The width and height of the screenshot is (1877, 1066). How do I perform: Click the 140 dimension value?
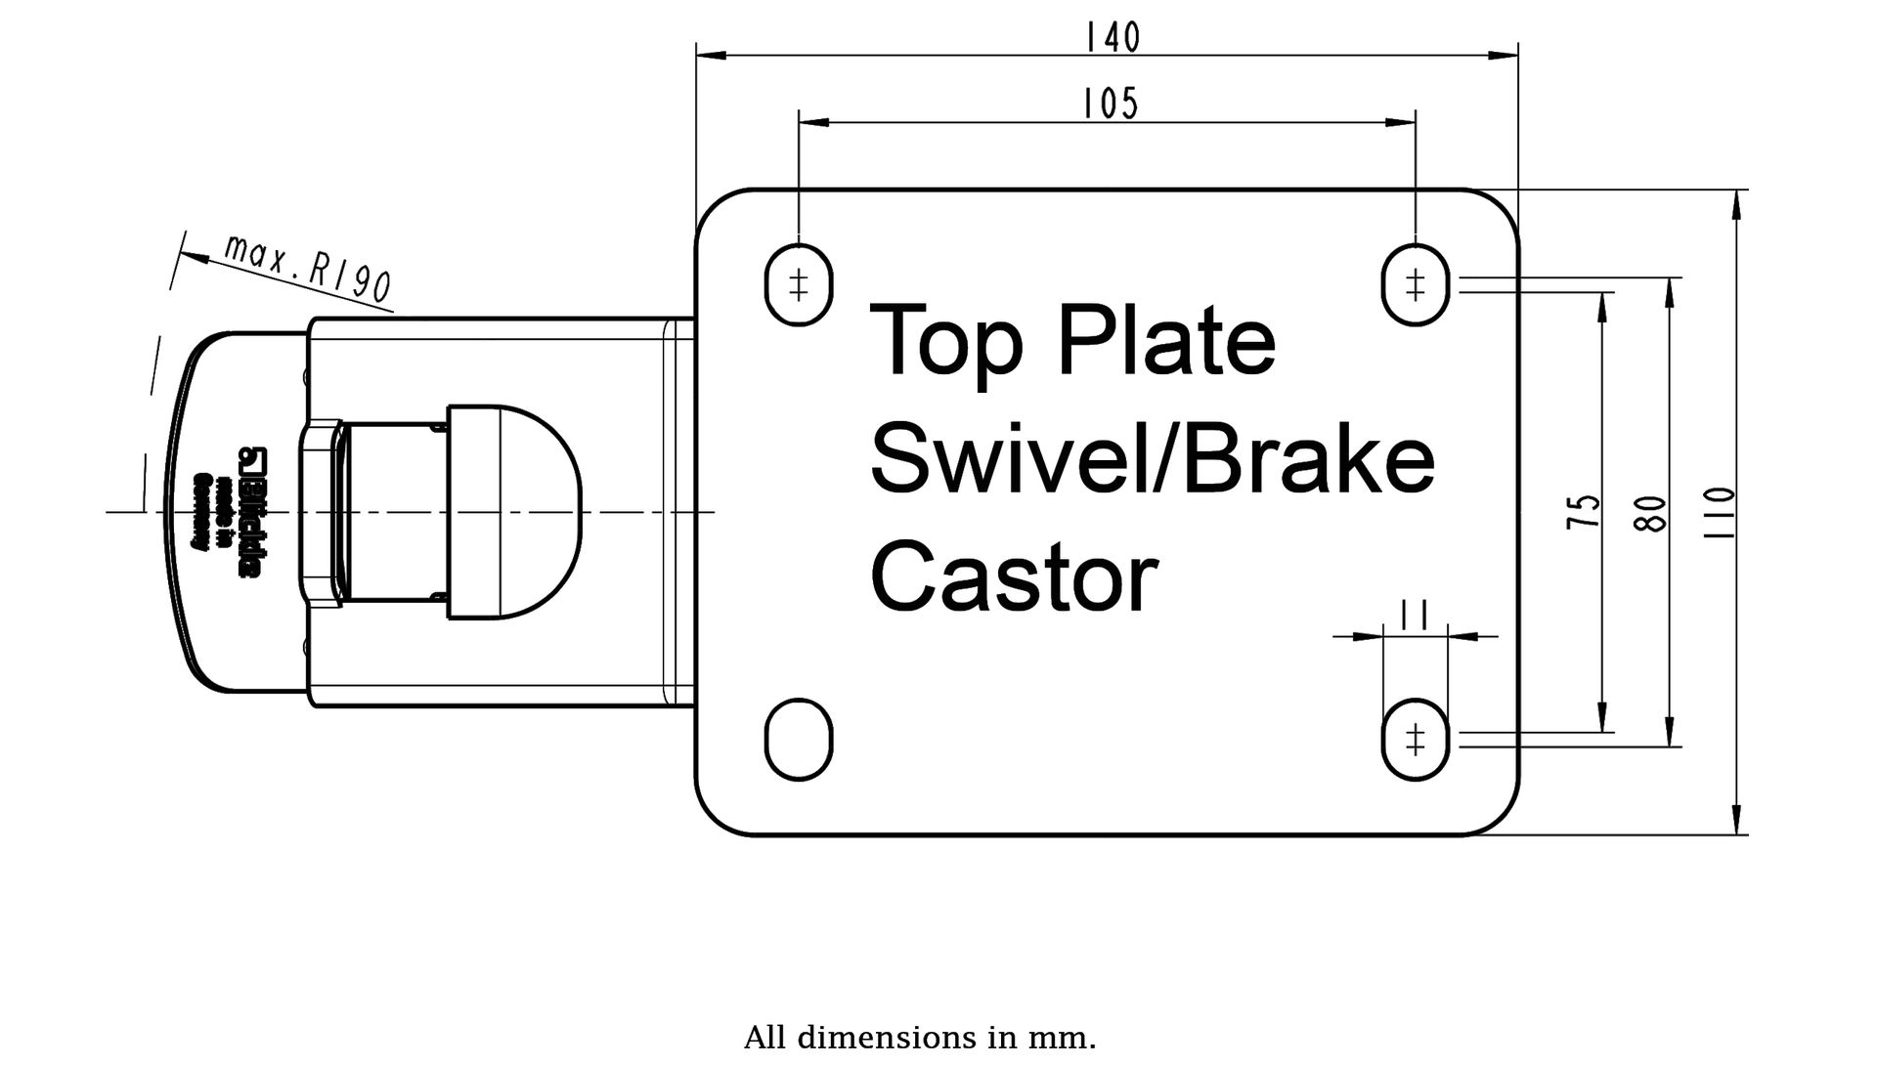(1113, 38)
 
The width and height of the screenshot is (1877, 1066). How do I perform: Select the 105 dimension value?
(1111, 104)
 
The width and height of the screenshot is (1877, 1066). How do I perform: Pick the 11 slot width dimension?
(1415, 616)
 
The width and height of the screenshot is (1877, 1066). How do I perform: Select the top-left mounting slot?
(798, 284)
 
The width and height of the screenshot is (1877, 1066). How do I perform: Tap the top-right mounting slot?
(1415, 284)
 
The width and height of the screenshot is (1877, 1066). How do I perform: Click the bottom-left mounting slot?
(798, 739)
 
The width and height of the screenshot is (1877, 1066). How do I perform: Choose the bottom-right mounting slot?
(1415, 739)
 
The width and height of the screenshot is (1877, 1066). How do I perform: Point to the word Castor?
(1014, 577)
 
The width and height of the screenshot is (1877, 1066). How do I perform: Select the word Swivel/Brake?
(1152, 460)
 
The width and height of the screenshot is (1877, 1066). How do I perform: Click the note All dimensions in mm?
(919, 1037)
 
